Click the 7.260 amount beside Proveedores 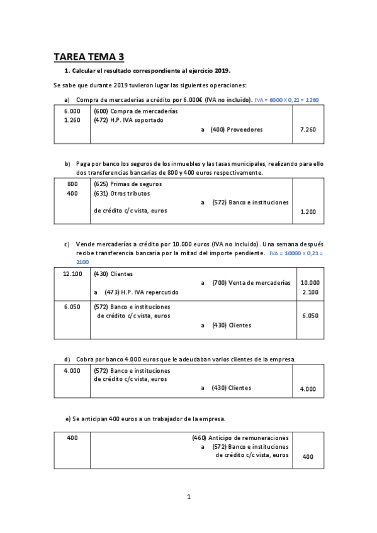[308, 129]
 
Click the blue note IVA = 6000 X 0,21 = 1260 [287, 100]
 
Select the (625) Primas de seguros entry [128, 184]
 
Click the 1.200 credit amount [308, 212]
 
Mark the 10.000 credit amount [310, 283]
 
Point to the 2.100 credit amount [310, 292]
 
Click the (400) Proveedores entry [237, 129]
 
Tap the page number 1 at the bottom [188, 497]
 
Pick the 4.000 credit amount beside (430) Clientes [308, 389]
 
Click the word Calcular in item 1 [85, 72]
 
